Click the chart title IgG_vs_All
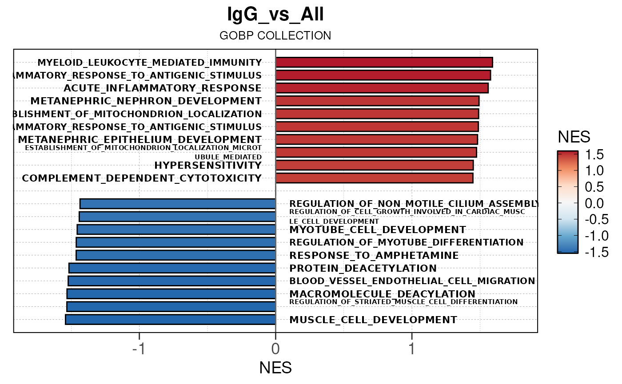(x=275, y=15)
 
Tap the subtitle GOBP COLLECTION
(x=275, y=36)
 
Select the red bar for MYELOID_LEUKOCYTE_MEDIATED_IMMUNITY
(x=384, y=62)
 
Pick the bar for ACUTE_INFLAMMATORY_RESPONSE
(x=382, y=88)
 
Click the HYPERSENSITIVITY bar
(x=374, y=165)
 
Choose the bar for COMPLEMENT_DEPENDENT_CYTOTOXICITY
(x=374, y=178)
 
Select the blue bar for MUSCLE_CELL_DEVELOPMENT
(x=171, y=320)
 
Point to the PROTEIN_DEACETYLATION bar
(x=172, y=268)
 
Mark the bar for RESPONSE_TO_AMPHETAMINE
(x=176, y=255)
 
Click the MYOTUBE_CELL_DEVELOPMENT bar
(x=176, y=230)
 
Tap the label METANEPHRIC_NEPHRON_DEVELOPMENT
(x=146, y=101)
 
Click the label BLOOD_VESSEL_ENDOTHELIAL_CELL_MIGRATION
(x=412, y=281)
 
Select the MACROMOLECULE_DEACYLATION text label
(x=382, y=294)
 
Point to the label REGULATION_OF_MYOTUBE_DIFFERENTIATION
(x=406, y=242)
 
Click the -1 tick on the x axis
(x=139, y=349)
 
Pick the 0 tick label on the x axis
(x=275, y=349)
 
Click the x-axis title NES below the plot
(x=275, y=368)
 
